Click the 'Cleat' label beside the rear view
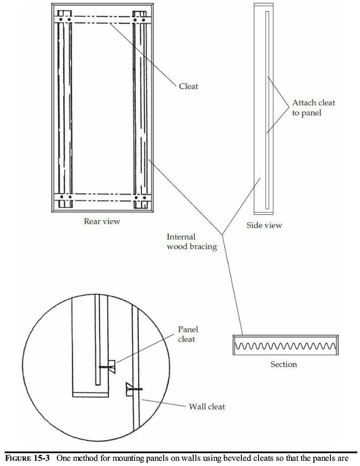[189, 86]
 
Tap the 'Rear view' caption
[102, 222]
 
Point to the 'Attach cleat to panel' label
[313, 108]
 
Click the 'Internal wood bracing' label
[192, 242]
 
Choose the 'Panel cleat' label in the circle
[188, 333]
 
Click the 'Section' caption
[284, 365]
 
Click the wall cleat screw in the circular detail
[134, 388]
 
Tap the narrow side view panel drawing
[263, 109]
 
